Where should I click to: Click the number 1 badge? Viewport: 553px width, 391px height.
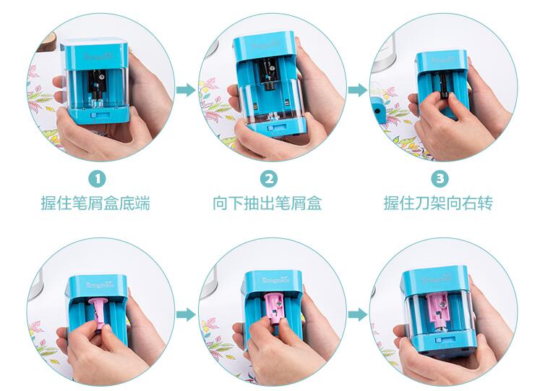pos(97,177)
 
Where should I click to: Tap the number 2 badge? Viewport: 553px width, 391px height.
pos(268,177)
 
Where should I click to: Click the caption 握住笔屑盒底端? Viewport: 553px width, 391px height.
pos(95,203)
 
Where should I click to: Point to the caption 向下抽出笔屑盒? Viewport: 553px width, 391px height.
pos(267,203)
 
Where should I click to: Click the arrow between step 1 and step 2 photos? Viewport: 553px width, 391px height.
pos(186,89)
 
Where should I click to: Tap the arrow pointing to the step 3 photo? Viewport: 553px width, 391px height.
pos(357,89)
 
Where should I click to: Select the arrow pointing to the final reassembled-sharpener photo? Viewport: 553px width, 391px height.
pos(357,314)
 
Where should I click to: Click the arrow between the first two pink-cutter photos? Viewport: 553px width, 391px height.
pos(186,314)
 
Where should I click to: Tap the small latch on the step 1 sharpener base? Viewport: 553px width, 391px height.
pos(95,114)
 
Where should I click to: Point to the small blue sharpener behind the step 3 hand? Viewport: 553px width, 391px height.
pos(378,110)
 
